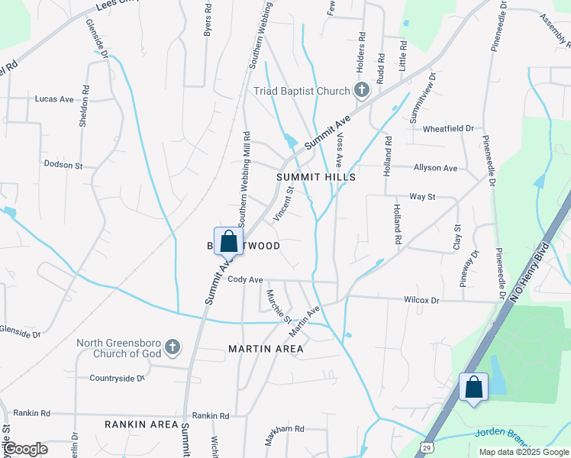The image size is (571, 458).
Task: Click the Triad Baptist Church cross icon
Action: (x=362, y=91)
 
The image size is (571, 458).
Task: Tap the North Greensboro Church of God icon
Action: (x=173, y=347)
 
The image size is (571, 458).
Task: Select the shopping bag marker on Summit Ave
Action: (x=228, y=241)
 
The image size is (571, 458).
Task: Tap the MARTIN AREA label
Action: (x=266, y=349)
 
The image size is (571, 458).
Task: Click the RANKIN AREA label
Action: (x=141, y=424)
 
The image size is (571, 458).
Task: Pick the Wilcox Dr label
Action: (x=421, y=301)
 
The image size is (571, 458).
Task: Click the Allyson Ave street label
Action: (x=435, y=168)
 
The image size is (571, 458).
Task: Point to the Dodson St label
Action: (x=63, y=164)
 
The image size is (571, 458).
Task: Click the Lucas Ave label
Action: (x=54, y=99)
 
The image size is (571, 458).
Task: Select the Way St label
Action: (x=422, y=196)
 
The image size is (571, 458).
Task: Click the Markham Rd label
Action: (x=285, y=429)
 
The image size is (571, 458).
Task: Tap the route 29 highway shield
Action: (x=427, y=443)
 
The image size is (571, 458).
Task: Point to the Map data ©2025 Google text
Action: (x=523, y=452)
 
